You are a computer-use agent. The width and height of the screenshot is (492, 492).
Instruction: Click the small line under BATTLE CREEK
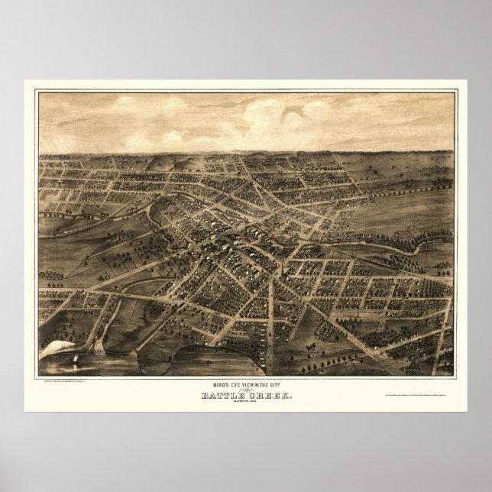point(246,403)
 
